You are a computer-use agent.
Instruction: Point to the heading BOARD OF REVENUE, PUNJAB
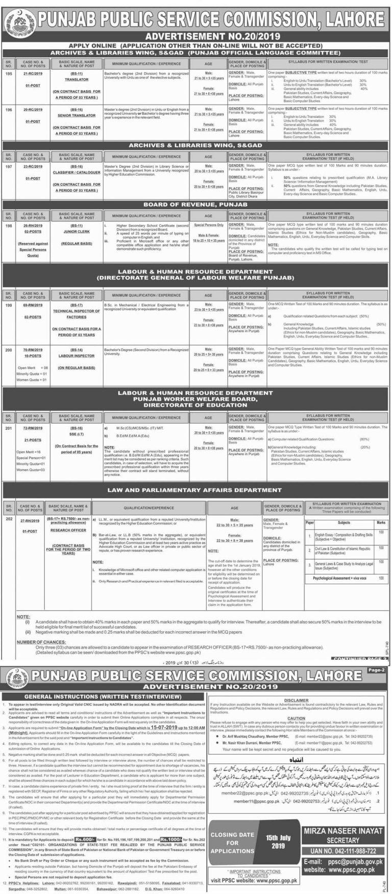pyautogui.click(x=196, y=205)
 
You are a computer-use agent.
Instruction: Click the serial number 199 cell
pyautogui.click(x=8, y=305)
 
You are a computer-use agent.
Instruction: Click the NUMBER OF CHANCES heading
pyautogui.click(x=43, y=642)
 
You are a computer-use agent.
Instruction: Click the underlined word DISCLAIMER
pyautogui.click(x=297, y=701)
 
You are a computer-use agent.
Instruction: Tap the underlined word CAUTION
pyautogui.click(x=296, y=718)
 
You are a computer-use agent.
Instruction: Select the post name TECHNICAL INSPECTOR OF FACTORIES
pyautogui.click(x=77, y=314)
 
